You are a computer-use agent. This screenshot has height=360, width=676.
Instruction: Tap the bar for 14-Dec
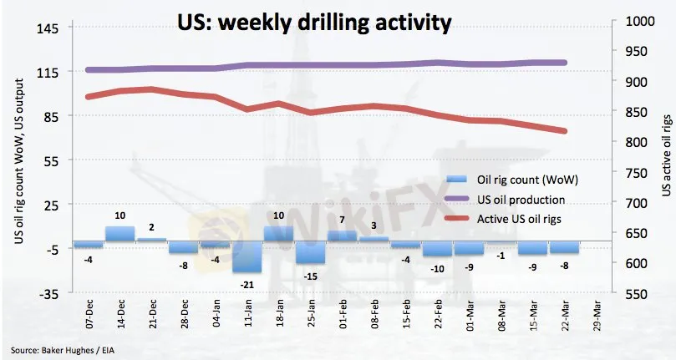click(120, 233)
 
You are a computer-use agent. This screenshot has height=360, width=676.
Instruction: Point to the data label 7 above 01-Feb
click(342, 219)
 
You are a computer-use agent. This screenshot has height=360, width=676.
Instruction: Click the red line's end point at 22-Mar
click(564, 131)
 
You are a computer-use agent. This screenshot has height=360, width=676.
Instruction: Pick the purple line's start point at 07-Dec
click(89, 70)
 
